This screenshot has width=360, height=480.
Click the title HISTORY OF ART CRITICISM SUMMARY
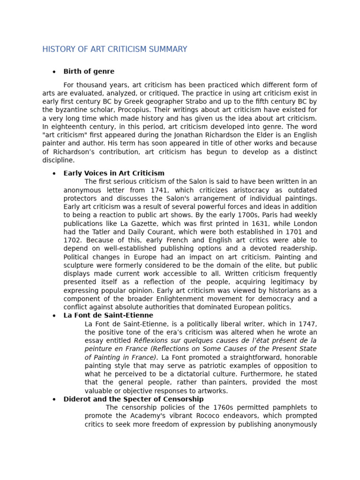(114, 49)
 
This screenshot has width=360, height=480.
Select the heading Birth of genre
(89, 71)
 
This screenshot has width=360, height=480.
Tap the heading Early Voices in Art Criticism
(114, 173)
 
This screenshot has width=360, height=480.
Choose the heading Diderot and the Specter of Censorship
(133, 399)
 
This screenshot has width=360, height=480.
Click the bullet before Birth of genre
(54, 72)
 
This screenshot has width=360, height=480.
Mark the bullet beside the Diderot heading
(54, 399)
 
